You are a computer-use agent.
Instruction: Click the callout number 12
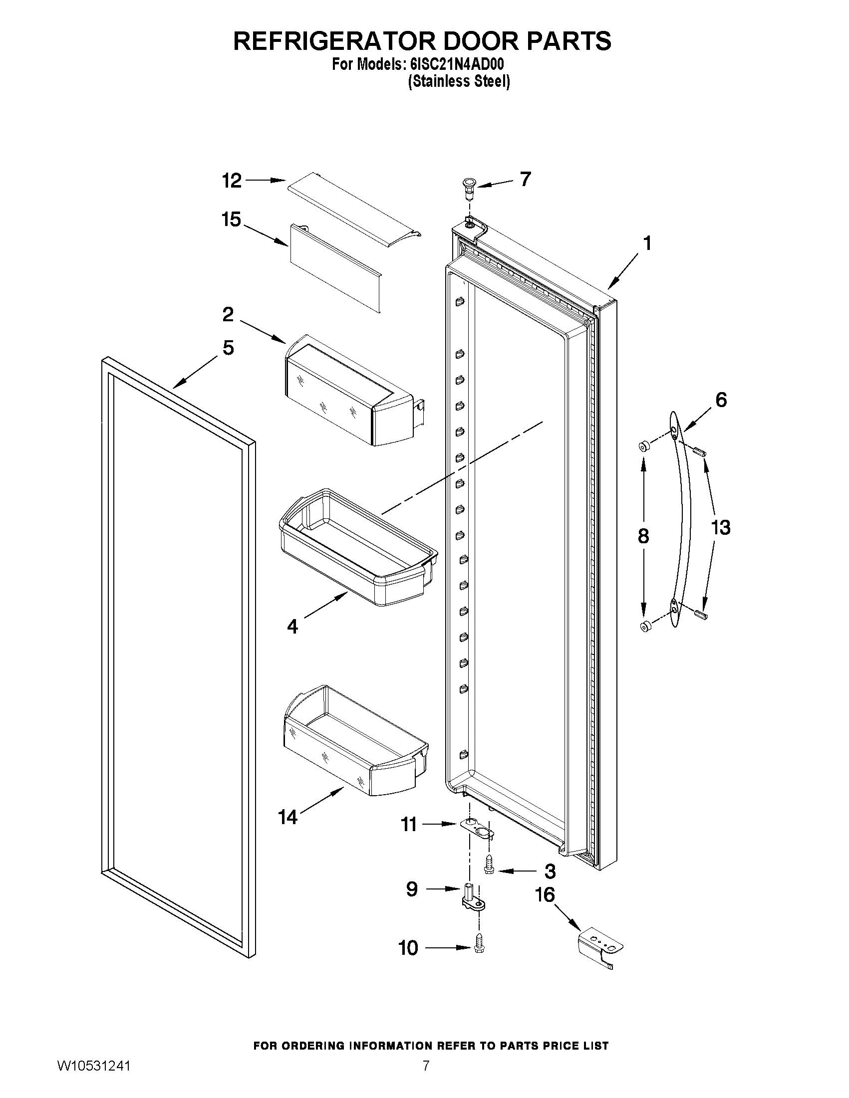click(x=232, y=181)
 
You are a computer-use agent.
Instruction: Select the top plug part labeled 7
click(x=469, y=187)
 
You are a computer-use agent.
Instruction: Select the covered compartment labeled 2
click(x=352, y=392)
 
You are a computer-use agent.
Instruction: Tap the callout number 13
click(x=720, y=528)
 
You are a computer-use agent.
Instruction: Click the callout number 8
click(x=643, y=536)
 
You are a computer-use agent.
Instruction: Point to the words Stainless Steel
click(x=459, y=81)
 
